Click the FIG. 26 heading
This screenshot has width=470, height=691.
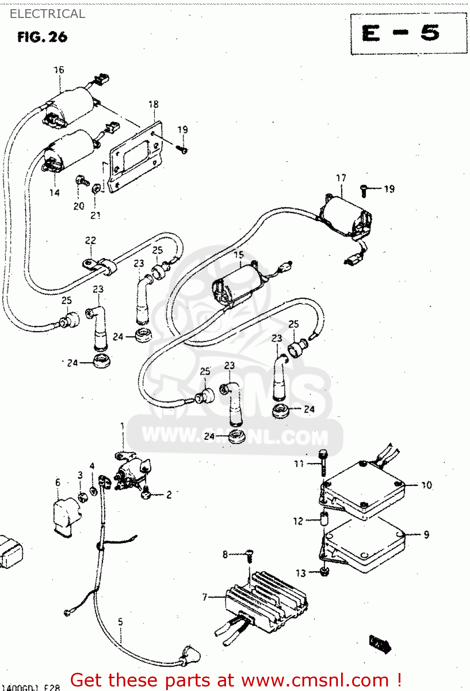[x=42, y=37]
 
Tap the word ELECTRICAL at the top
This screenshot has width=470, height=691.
[x=47, y=14]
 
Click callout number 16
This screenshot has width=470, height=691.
[x=59, y=70]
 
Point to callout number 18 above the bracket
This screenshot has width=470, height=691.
[x=153, y=105]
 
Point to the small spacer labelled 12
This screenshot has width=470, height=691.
[x=323, y=520]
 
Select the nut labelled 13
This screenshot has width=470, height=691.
[x=324, y=572]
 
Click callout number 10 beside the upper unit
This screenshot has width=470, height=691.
[x=427, y=485]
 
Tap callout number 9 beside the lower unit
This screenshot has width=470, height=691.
[x=426, y=534]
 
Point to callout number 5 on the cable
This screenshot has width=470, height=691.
[x=120, y=622]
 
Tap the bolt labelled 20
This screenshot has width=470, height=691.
[x=81, y=181]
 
